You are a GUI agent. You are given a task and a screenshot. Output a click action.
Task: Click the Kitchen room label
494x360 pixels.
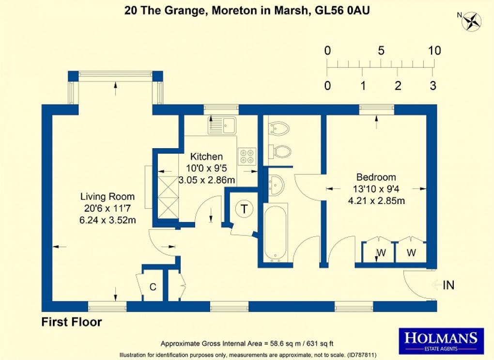point(206,157)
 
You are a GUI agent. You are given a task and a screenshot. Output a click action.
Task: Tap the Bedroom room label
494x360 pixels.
point(376,177)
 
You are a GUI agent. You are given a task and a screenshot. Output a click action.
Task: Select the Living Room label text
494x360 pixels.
point(108,197)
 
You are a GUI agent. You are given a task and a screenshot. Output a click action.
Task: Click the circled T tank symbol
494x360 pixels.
point(245,209)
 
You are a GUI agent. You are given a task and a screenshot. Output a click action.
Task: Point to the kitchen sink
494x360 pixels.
point(221,125)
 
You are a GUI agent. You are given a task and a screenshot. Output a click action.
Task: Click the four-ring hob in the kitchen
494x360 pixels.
point(247,154)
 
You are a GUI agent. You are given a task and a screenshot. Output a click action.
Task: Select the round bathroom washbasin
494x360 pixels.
point(276,184)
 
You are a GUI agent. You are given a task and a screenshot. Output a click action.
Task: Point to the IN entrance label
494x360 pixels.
point(448,285)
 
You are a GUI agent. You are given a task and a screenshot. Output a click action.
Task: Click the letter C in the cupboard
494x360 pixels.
point(153,287)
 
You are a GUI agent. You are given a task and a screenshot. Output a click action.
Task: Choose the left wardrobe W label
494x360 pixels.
point(381,252)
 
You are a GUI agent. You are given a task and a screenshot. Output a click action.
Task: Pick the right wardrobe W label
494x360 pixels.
point(411,252)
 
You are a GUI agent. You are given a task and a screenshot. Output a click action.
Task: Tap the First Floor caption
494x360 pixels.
point(72,322)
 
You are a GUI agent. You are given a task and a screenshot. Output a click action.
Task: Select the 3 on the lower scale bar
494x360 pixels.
point(433,86)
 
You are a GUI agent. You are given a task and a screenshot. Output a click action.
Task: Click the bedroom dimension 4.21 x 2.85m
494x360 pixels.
point(376,201)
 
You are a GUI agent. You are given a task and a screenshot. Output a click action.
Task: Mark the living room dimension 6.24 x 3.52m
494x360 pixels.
point(108,220)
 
